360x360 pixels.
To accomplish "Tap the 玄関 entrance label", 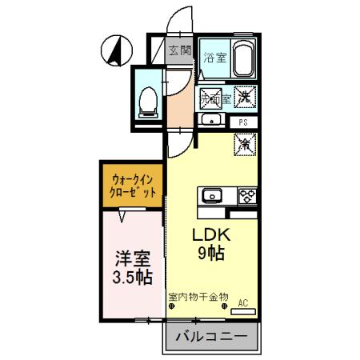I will click(x=180, y=51).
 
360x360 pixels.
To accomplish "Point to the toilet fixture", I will click(x=147, y=101).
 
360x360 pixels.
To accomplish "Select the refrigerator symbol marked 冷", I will click(x=245, y=145).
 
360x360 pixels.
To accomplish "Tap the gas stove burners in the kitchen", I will click(x=246, y=196).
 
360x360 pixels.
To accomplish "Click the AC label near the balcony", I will click(x=245, y=303).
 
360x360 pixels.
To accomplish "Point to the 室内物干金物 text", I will click(x=198, y=296).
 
